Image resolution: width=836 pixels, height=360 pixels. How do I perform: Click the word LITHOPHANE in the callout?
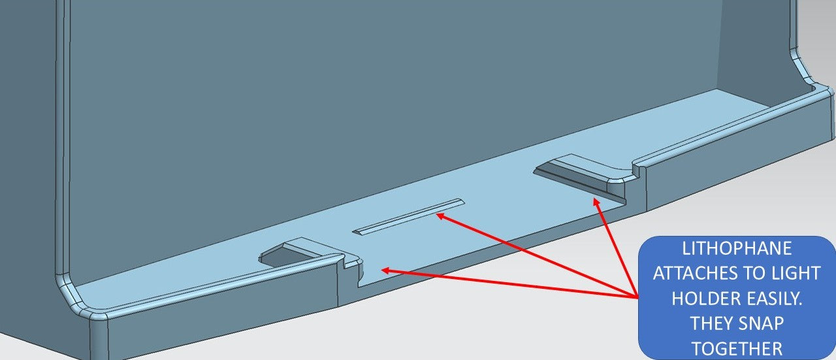pos(737,249)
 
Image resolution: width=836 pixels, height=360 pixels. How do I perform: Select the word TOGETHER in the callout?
pos(737,349)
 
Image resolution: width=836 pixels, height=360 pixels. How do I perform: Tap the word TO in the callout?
pos(762,273)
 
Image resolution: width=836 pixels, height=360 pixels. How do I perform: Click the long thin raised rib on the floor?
pos(409,217)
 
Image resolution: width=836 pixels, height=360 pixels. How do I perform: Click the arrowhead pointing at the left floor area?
pos(386,270)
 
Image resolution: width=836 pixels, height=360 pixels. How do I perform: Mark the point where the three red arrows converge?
pos(637,297)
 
